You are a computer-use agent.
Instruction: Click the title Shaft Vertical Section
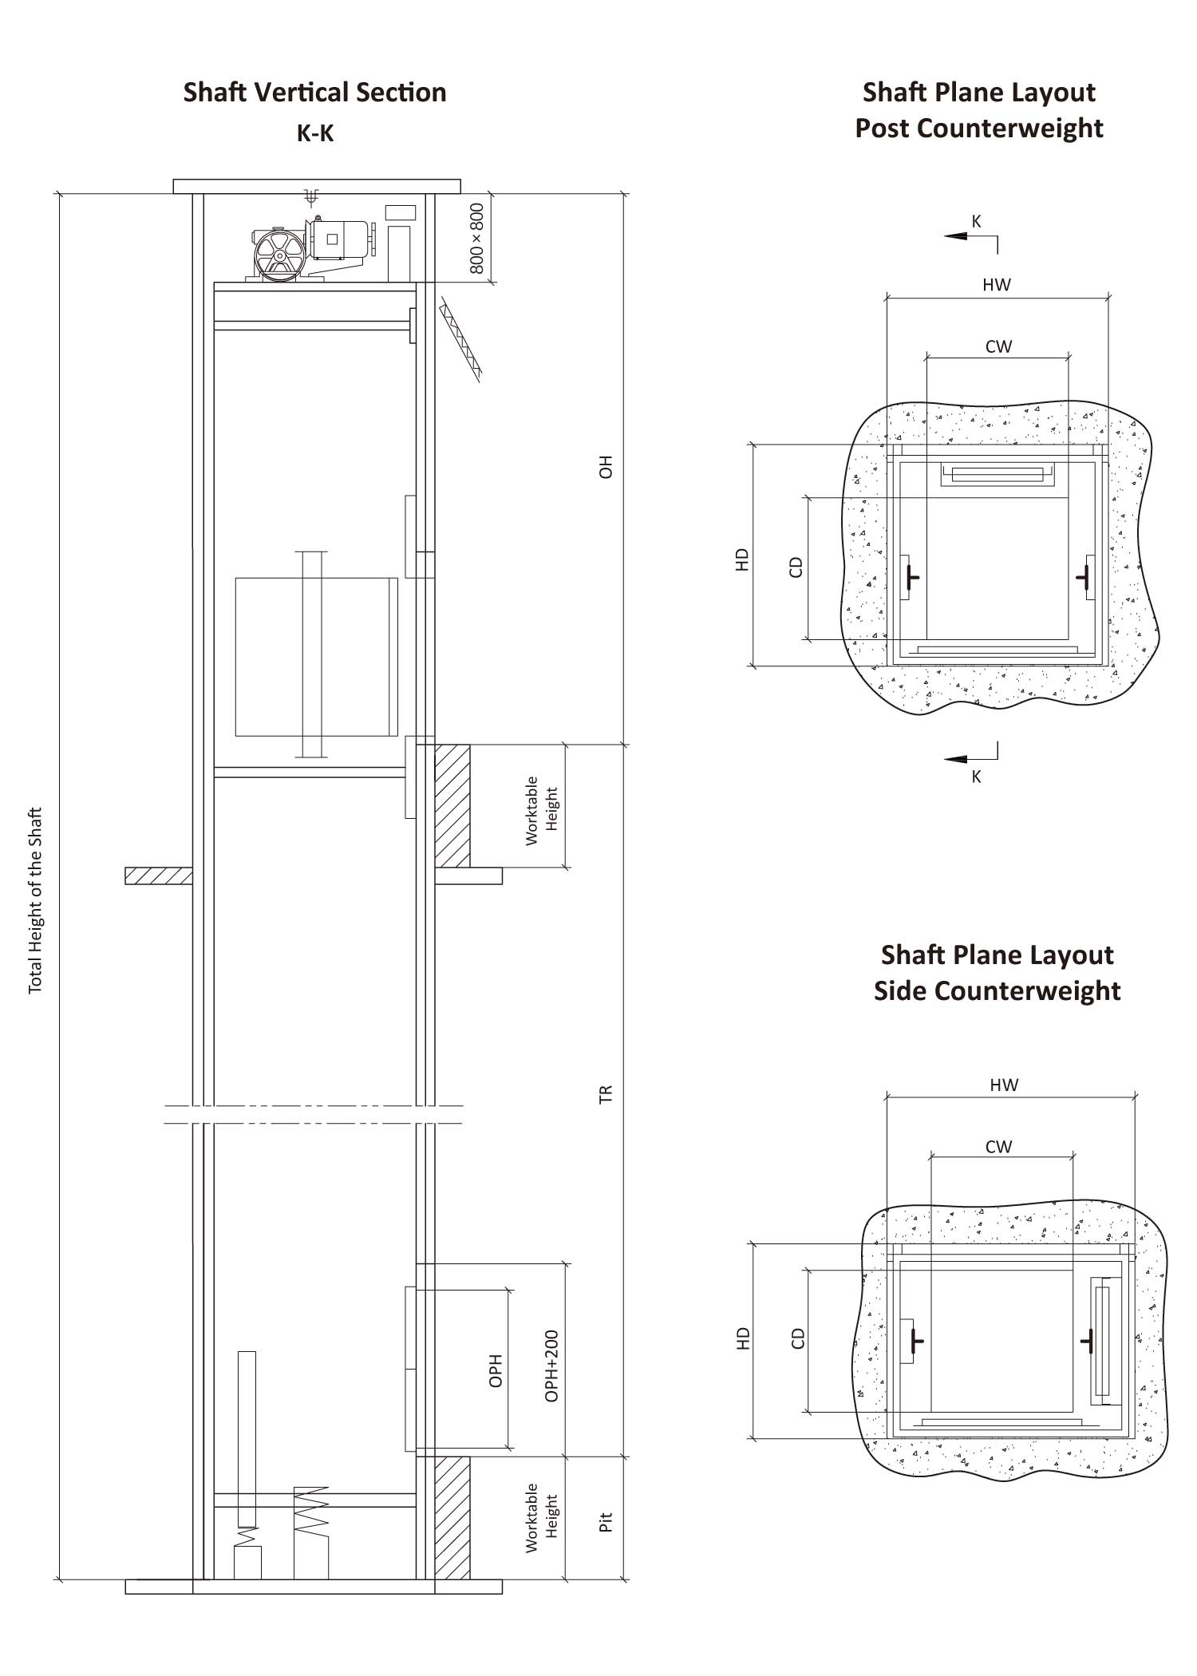pos(314,93)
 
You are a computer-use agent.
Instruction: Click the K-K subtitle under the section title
pos(315,134)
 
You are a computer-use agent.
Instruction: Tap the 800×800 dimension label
pos(477,239)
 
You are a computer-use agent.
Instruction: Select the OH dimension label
pos(606,467)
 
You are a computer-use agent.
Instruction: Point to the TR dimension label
pos(606,1094)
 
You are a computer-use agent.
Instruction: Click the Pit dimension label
pos(606,1522)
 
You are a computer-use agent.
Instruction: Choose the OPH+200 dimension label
pos(551,1366)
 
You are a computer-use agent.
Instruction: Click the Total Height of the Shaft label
pos(35,901)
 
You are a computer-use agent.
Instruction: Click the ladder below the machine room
pos(462,339)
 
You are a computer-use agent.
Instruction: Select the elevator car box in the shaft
pos(316,656)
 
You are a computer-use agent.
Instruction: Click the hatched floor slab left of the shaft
pos(158,876)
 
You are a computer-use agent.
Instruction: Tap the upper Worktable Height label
pos(542,810)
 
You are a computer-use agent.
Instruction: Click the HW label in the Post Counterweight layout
pos(997,285)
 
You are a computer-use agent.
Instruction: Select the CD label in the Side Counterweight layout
pos(797,1338)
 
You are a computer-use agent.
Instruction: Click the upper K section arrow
pos(970,233)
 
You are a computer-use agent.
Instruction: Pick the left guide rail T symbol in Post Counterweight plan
pos(913,576)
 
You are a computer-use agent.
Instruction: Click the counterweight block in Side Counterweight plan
pos(1106,1341)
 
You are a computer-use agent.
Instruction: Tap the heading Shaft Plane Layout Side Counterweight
pos(997,972)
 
